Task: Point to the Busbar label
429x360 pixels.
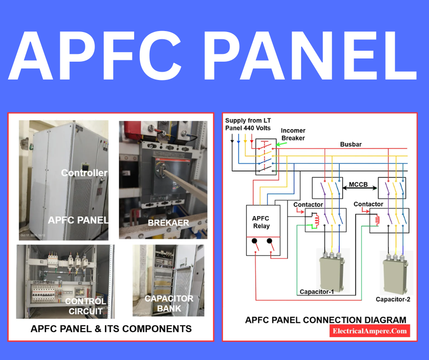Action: click(x=351, y=144)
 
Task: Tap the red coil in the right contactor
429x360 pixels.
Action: click(x=377, y=220)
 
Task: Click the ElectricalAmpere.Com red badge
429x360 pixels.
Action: click(x=370, y=331)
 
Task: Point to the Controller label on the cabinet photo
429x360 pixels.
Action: click(x=84, y=173)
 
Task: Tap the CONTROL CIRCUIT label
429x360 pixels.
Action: click(x=86, y=306)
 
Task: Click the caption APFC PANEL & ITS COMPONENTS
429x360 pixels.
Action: click(x=111, y=328)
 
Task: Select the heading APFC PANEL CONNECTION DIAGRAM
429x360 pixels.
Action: click(x=325, y=319)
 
